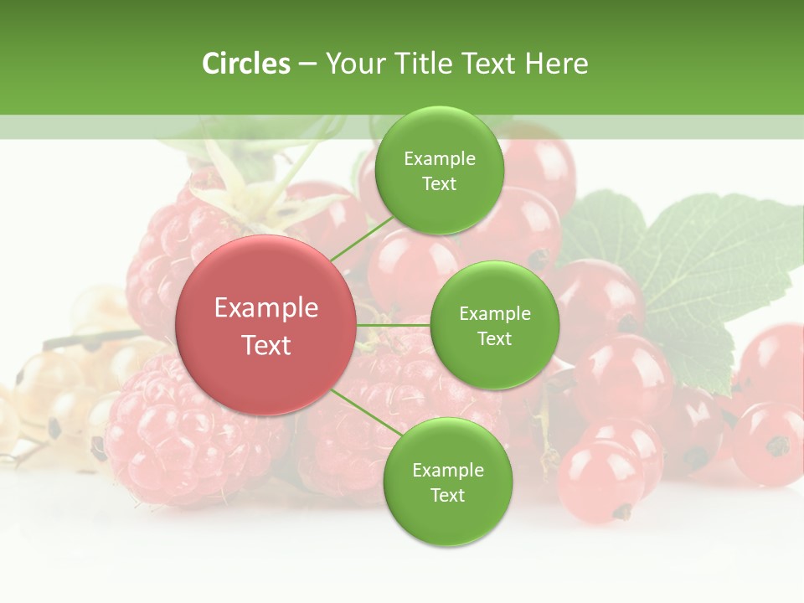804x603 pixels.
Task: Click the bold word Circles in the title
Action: [246, 64]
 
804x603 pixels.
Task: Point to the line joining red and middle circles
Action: [393, 325]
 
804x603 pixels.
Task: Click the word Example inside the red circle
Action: [265, 308]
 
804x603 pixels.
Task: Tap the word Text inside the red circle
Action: [265, 345]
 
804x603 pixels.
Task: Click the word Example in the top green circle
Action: [440, 159]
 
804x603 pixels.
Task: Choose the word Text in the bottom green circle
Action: [447, 495]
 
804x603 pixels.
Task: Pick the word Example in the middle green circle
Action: [494, 314]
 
